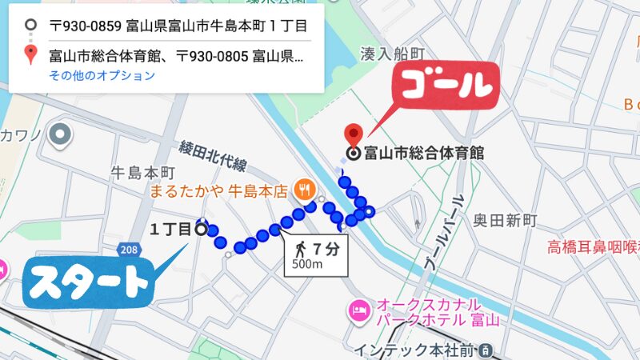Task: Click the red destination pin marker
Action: [x=351, y=134]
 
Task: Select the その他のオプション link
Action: [x=102, y=76]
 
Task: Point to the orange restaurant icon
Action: [x=303, y=190]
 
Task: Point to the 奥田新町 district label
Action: [x=505, y=220]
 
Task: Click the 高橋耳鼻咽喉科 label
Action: [x=592, y=246]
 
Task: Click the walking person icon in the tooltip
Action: [x=301, y=250]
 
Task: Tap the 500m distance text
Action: [x=308, y=265]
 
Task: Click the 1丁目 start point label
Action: [x=170, y=230]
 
